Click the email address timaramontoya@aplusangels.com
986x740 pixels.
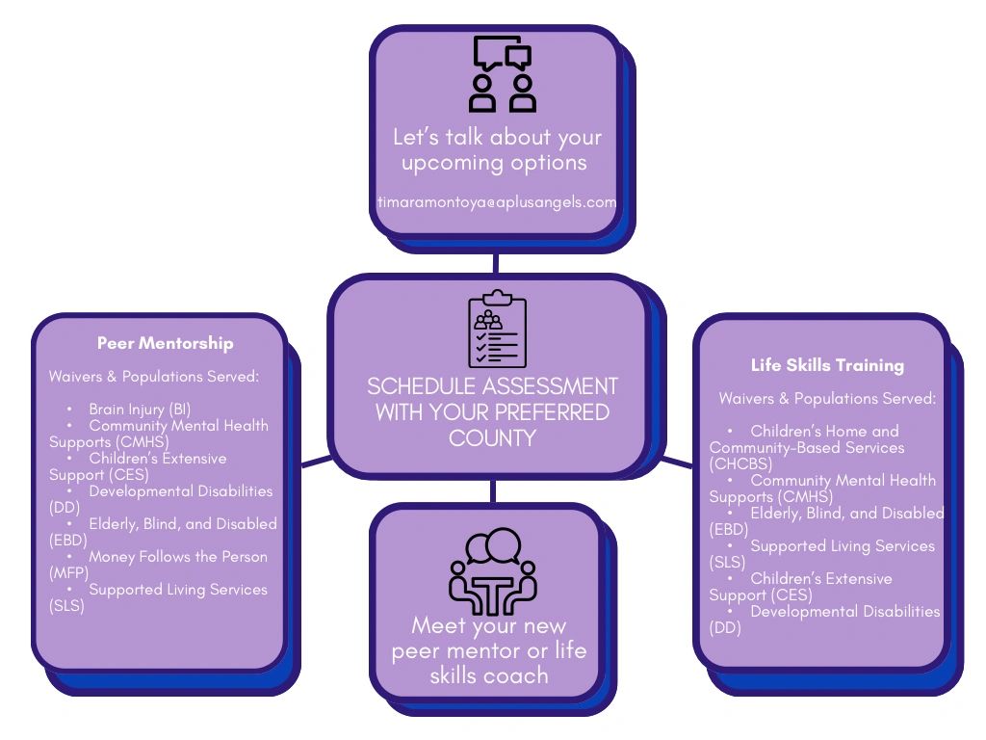(496, 202)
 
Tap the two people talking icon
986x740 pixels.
(502, 74)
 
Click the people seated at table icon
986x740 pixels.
(492, 571)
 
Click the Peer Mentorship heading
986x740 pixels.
(165, 343)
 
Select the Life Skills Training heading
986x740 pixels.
(827, 365)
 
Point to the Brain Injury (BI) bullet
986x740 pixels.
(140, 410)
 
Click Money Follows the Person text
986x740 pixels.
(178, 557)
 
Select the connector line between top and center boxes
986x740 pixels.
(495, 262)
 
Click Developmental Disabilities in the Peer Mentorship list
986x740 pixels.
(180, 491)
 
